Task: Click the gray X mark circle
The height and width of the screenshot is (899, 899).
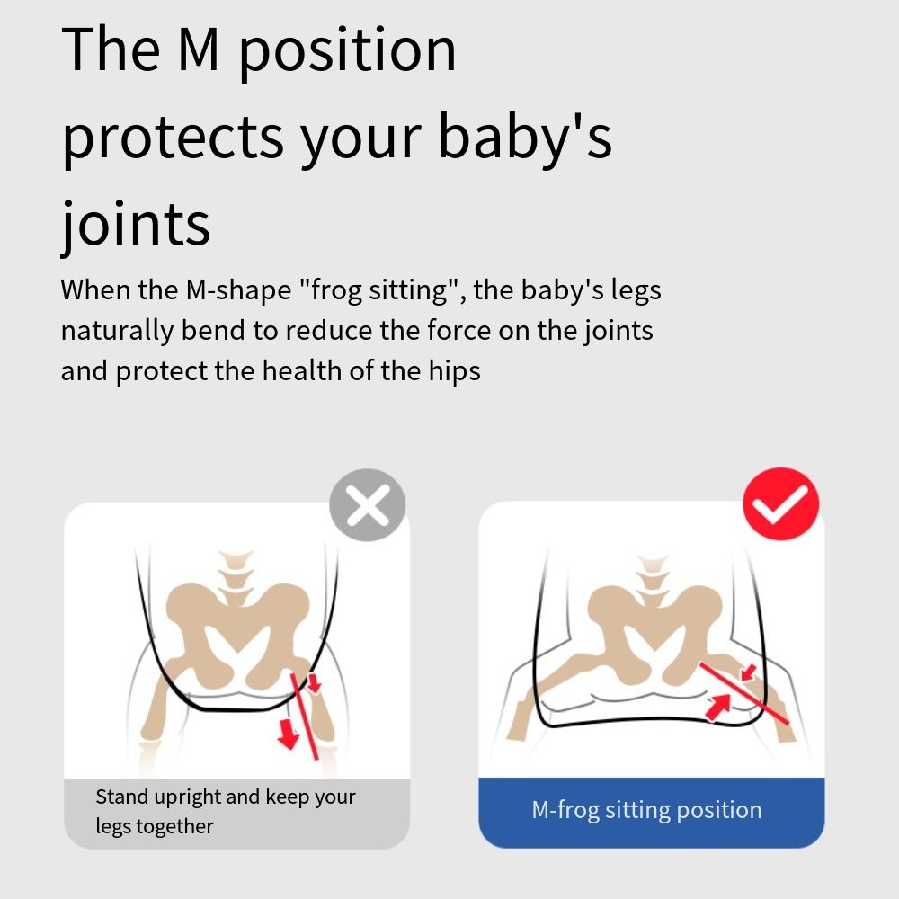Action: pyautogui.click(x=368, y=505)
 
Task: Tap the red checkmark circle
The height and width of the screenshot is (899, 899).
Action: pyautogui.click(x=781, y=504)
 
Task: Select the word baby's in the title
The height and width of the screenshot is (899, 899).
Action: pyautogui.click(x=525, y=137)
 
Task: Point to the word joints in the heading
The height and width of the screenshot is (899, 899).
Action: pyautogui.click(x=136, y=224)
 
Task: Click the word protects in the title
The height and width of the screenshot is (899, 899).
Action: pyautogui.click(x=173, y=138)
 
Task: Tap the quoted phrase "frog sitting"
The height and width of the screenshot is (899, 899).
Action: pyautogui.click(x=378, y=289)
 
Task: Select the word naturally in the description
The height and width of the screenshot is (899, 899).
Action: pyautogui.click(x=117, y=331)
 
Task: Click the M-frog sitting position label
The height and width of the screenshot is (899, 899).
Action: pyautogui.click(x=646, y=810)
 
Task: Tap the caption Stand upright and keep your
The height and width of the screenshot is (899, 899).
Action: pyautogui.click(x=226, y=797)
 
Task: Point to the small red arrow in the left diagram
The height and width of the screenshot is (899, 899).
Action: pyautogui.click(x=314, y=682)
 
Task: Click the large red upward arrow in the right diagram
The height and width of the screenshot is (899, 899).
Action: pyautogui.click(x=718, y=706)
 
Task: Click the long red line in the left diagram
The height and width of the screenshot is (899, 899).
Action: pyautogui.click(x=305, y=717)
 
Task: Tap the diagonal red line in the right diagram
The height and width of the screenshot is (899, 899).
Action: pyautogui.click(x=743, y=693)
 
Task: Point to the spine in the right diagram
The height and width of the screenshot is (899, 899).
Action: pyautogui.click(x=652, y=580)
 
